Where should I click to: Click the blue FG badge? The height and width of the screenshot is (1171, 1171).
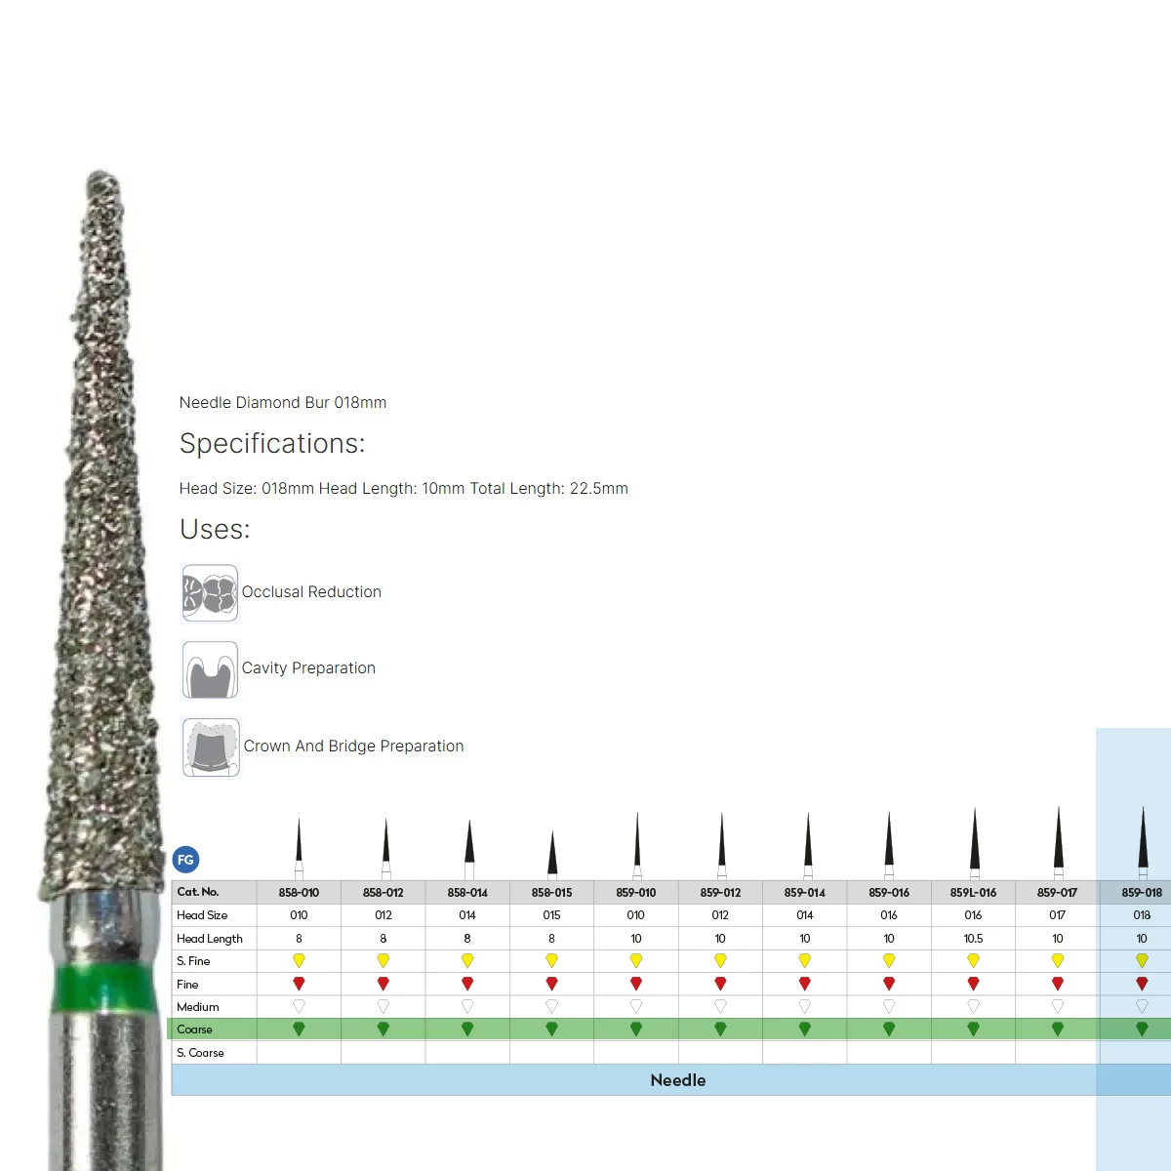pos(185,860)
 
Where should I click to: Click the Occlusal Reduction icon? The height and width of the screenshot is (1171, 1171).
pos(210,593)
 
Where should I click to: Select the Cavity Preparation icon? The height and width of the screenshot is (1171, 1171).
pos(210,669)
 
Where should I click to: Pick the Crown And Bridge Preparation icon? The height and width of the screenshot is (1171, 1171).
pos(210,747)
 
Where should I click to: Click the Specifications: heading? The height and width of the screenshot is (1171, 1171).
pos(271,444)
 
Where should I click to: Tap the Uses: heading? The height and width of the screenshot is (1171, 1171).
pos(215,529)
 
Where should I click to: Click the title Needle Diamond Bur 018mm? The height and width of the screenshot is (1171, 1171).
pos(283,402)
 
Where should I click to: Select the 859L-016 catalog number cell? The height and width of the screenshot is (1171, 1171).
pos(973,892)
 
